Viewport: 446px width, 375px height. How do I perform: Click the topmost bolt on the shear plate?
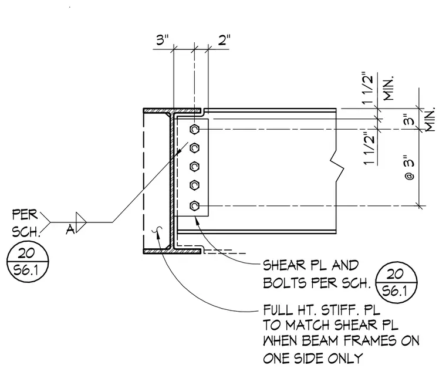click(194, 130)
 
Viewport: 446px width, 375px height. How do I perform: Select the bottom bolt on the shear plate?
click(194, 205)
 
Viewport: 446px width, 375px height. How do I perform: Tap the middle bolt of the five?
click(194, 167)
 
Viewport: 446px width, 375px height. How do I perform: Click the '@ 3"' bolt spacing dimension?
click(409, 167)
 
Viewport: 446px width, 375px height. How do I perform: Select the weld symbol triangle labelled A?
click(81, 222)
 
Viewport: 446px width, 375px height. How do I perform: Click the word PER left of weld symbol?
click(25, 215)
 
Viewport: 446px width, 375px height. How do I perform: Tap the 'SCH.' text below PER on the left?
click(26, 232)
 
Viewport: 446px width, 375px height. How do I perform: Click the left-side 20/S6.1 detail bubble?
click(28, 262)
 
